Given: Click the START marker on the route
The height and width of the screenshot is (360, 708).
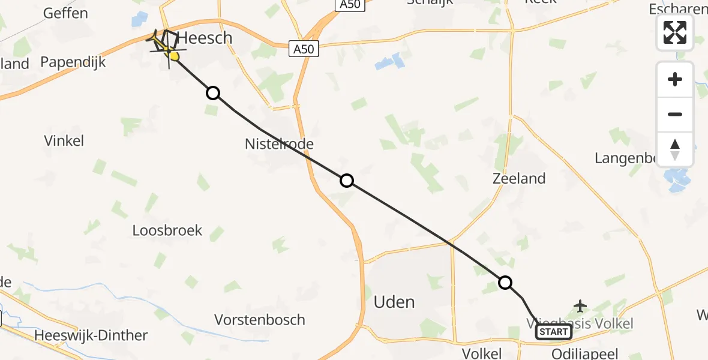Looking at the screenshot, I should point(553,332).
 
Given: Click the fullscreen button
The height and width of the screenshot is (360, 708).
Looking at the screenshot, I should point(675,32).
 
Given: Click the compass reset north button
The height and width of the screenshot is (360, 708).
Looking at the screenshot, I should point(675,149).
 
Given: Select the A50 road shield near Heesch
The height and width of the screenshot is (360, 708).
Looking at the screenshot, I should point(304,49).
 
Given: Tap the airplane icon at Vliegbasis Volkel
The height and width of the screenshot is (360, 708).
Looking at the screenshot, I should point(580,306).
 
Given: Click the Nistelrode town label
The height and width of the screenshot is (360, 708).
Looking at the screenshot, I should point(279,144).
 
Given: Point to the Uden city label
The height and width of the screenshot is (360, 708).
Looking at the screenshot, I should point(394,302).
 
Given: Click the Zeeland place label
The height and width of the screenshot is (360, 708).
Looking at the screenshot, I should point(519,178).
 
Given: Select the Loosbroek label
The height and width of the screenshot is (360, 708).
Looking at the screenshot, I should point(167,230).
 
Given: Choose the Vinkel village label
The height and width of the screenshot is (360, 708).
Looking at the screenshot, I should point(64,141).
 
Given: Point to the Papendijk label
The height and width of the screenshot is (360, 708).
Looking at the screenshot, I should point(73,62).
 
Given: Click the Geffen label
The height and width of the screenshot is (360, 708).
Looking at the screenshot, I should point(66,13).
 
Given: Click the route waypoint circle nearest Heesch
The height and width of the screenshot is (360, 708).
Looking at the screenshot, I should point(213,93).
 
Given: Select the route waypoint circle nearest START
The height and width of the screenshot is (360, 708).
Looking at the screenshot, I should point(505,283).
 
